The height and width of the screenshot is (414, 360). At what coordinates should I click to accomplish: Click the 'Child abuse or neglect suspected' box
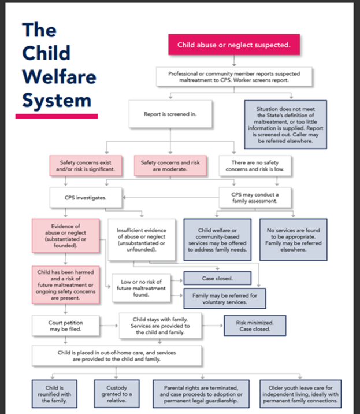(x=233, y=44)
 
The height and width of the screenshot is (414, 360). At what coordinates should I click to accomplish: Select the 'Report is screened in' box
(x=170, y=114)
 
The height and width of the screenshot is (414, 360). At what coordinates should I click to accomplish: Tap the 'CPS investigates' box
(x=86, y=197)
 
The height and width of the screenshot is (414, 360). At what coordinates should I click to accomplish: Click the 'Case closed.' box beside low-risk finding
(x=218, y=278)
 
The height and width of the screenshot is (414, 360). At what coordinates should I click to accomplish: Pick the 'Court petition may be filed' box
(x=65, y=326)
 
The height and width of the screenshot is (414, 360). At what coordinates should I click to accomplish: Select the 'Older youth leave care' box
(x=300, y=393)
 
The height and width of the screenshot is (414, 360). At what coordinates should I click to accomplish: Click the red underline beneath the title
(x=57, y=116)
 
